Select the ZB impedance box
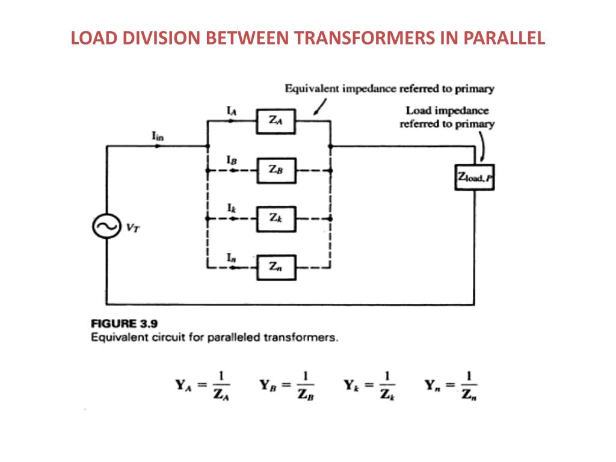[277, 170]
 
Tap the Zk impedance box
[277, 219]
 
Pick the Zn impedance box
[277, 268]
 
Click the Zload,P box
[474, 177]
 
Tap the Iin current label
[158, 137]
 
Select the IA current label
[231, 111]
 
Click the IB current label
[231, 161]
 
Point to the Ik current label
[231, 209]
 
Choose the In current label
[231, 257]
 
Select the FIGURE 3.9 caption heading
[125, 324]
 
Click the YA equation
[203, 386]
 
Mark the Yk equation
[369, 386]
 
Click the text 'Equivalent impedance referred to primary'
[389, 89]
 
